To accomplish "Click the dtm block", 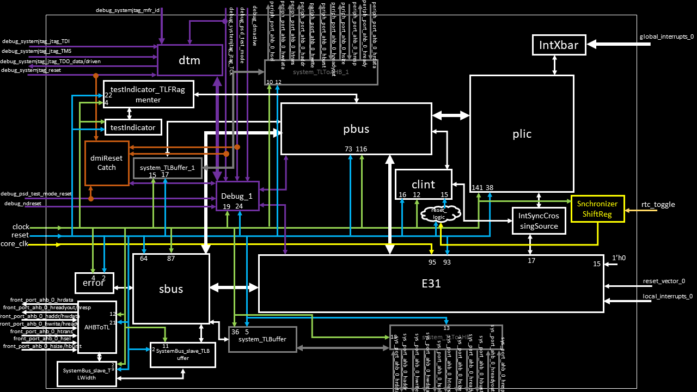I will click(189, 60).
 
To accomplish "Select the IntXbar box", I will click(559, 45).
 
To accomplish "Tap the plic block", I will click(522, 133).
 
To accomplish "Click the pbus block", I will click(356, 128).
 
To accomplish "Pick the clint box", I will click(423, 185).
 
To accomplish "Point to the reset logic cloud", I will click(439, 213).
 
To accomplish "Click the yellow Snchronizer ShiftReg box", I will click(597, 209).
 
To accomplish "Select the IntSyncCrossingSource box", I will click(539, 220).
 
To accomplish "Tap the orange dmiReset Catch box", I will click(107, 163).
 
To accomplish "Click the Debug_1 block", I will click(237, 197).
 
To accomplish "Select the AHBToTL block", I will click(97, 327).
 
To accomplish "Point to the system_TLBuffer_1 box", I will click(168, 168).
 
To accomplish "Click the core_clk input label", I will click(14, 244).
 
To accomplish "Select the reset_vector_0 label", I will click(664, 281).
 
